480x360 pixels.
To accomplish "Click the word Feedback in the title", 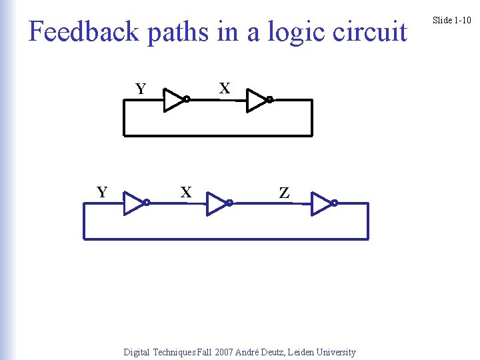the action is pos(84,31).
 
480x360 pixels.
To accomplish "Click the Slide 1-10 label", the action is pos(451,20).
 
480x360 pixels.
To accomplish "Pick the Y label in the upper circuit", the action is pos(141,89).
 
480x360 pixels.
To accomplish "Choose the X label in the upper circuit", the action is pos(225,88).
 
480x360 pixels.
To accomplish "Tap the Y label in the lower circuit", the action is pos(102,193).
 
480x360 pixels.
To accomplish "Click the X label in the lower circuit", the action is pos(187,193).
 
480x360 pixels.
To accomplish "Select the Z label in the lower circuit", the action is pos(284,193).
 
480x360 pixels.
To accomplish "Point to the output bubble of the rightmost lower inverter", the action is pos(335,203).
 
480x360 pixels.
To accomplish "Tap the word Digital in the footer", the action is pos(137,352).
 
